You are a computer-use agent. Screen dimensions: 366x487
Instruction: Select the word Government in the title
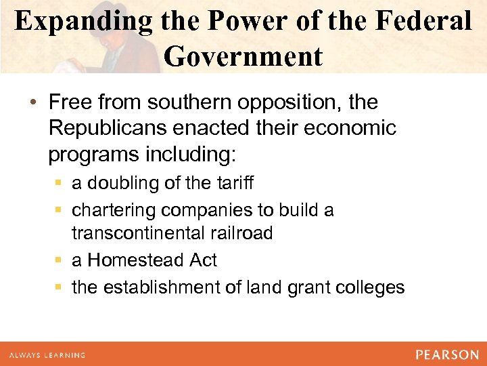tap(243, 56)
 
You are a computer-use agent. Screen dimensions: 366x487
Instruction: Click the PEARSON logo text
tap(447, 354)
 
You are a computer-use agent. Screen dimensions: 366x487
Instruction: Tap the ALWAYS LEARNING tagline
tap(47, 355)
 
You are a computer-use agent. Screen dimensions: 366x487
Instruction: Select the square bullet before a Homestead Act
tap(61, 261)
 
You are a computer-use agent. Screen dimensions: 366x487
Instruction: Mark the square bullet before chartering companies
tap(61, 211)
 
